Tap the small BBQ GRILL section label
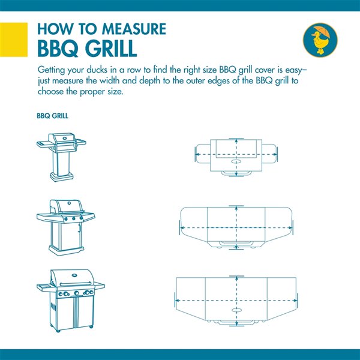tap(52, 116)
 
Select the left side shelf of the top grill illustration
tap(43, 145)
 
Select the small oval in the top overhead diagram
tap(236, 162)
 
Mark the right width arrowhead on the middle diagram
tap(294, 229)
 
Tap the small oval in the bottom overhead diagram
tap(236, 311)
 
